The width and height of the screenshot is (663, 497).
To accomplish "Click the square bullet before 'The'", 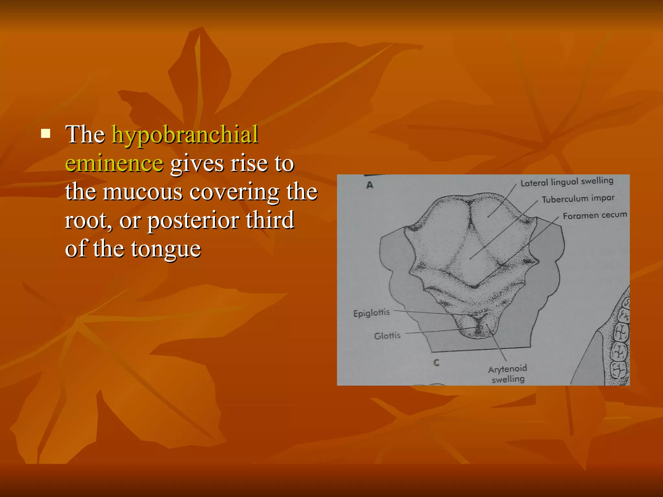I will click(x=46, y=133).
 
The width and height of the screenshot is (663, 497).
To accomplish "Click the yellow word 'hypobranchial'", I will click(x=185, y=135).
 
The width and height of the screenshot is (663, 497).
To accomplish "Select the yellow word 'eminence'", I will click(x=114, y=163).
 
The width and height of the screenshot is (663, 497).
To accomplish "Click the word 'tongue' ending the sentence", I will click(x=166, y=249).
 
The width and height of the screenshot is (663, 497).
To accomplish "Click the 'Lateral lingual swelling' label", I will click(x=567, y=182).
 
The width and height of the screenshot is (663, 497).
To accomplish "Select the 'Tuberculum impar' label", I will click(x=578, y=199).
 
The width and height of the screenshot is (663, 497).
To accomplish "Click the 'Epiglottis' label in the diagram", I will click(x=371, y=313).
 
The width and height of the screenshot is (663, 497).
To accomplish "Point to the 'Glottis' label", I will click(x=387, y=336).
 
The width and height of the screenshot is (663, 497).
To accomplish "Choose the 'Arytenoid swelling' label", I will click(x=508, y=374).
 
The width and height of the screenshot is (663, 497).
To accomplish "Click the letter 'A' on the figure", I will click(x=370, y=185).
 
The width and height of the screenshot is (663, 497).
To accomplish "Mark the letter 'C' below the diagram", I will click(x=436, y=363).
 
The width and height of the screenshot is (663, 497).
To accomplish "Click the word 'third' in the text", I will click(x=270, y=220).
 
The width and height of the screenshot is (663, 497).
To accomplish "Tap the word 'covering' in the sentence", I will click(x=234, y=192).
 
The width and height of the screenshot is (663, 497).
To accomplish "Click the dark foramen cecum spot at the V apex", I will click(x=475, y=286).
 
